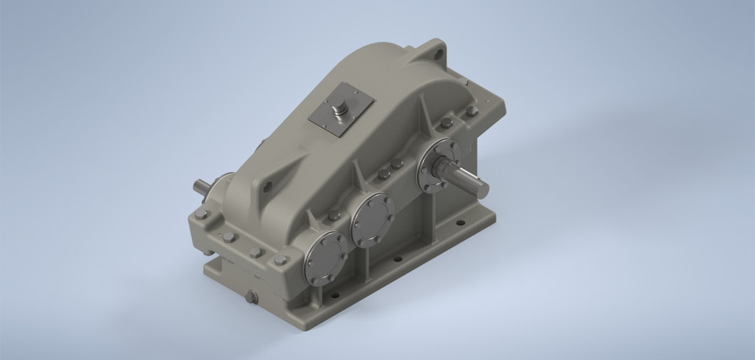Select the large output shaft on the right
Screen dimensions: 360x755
(x=471, y=183)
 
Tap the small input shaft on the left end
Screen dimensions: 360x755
(x=202, y=188)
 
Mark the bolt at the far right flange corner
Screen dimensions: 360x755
(x=472, y=111)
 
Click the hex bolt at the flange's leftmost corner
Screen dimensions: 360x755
(x=202, y=214)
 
